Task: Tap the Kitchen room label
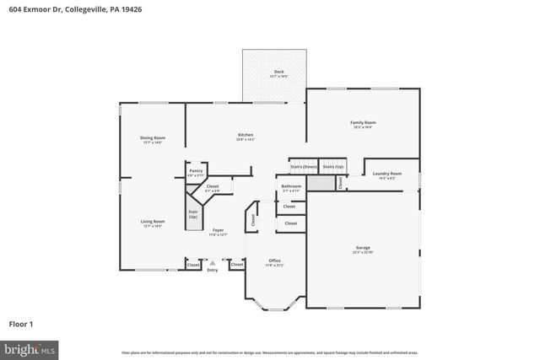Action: [246, 135]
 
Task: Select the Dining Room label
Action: [153, 137]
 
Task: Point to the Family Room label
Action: [363, 122]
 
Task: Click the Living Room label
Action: [153, 221]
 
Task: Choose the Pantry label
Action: [196, 170]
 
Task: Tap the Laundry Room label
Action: [387, 174]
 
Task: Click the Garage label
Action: [363, 248]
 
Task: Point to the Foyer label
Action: [219, 230]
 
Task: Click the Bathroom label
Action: [291, 185]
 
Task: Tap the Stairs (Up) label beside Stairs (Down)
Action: [334, 166]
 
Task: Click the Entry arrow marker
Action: [212, 262]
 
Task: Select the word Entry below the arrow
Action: [212, 270]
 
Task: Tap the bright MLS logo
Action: [30, 347]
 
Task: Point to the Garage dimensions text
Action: [363, 253]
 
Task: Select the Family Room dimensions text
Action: [363, 127]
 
